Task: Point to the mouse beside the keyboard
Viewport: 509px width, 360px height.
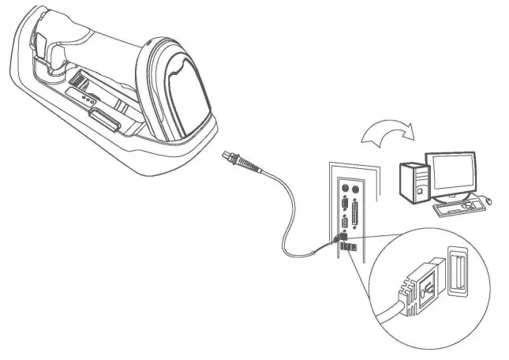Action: pos(487,204)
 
